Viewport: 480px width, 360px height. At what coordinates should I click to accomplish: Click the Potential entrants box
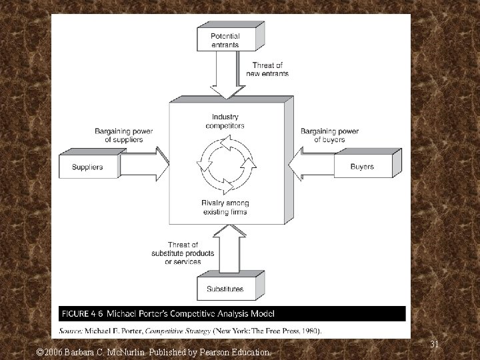225,40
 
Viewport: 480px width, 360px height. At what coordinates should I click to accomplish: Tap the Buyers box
362,167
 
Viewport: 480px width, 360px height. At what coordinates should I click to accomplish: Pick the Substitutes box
225,289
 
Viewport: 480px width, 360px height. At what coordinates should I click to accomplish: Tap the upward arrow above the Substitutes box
227,249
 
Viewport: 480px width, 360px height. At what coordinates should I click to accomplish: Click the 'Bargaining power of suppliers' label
123,135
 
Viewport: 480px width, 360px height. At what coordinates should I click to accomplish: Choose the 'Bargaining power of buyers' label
329,135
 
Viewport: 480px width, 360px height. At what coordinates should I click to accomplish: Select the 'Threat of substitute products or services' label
174,253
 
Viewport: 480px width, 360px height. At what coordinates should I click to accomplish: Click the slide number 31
434,344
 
